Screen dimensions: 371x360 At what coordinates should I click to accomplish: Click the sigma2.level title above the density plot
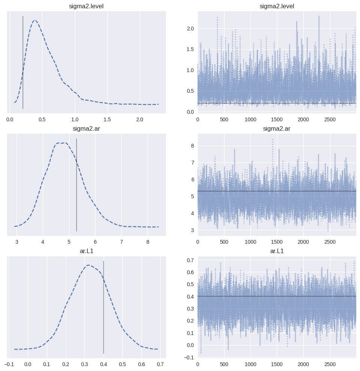point(86,6)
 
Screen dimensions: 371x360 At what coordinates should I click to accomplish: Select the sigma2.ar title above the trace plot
point(277,129)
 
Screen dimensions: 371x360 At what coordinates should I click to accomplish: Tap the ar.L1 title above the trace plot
point(277,251)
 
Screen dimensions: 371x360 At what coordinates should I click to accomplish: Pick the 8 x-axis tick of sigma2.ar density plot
point(148,242)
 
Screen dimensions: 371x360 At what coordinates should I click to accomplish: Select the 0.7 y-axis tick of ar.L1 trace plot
point(190,260)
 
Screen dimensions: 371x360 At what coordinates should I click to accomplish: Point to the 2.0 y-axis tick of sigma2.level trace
point(190,29)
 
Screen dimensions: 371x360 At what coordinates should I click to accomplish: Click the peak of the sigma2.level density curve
point(35,20)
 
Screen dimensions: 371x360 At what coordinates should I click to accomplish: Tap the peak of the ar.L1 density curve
point(88,265)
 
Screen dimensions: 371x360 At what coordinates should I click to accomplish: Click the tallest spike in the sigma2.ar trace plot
point(273,140)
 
